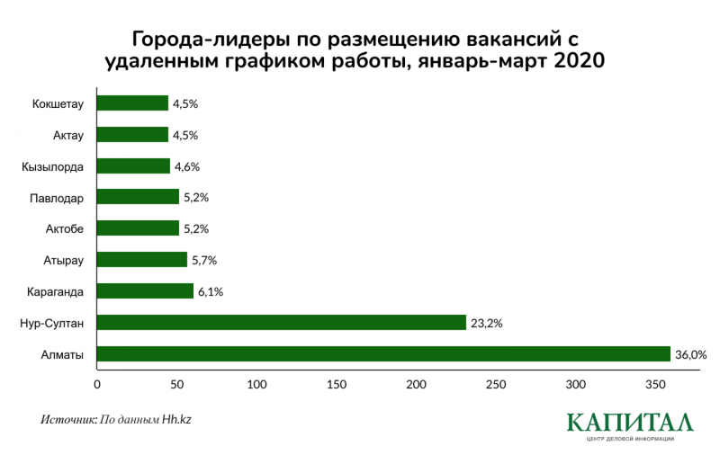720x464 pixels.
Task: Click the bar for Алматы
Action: (x=383, y=354)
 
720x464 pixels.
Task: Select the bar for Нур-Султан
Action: (x=281, y=323)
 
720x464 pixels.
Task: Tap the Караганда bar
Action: (x=145, y=291)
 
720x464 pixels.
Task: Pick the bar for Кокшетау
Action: (x=132, y=103)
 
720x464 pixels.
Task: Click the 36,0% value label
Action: (x=690, y=354)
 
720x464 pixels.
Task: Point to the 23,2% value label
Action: (x=486, y=323)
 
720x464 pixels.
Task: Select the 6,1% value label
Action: (x=211, y=291)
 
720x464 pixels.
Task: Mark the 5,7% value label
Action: (x=204, y=261)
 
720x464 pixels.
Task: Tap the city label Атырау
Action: (x=64, y=261)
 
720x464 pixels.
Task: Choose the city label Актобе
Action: (x=64, y=229)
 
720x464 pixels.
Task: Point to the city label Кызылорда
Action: (x=53, y=166)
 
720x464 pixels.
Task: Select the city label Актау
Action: (x=67, y=135)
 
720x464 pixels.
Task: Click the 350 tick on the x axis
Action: (x=656, y=386)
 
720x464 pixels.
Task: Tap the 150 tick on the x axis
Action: (x=337, y=386)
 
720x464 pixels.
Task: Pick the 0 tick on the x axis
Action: (x=96, y=386)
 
